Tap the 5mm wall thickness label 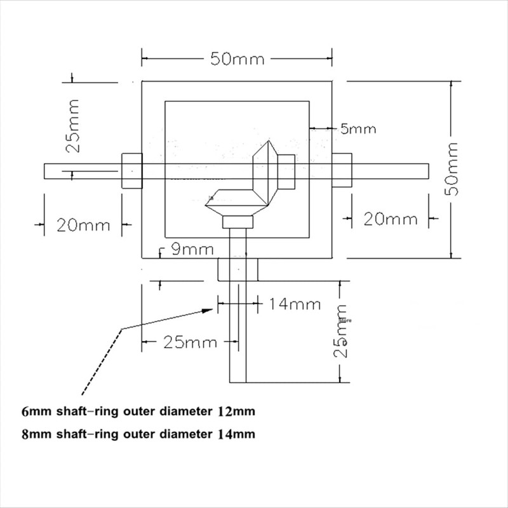[x=358, y=129]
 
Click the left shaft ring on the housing [x=130, y=170]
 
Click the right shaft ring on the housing [x=341, y=170]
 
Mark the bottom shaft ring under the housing [x=237, y=269]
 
